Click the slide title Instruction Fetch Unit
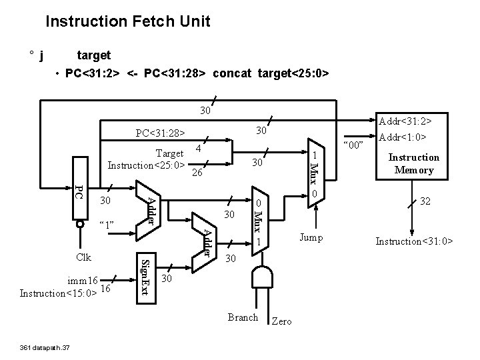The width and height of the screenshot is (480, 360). pyautogui.click(x=127, y=22)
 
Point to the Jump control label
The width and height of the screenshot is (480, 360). pyautogui.click(x=312, y=238)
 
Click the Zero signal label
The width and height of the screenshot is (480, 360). pyautogui.click(x=282, y=321)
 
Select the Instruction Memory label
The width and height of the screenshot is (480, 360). pyautogui.click(x=414, y=164)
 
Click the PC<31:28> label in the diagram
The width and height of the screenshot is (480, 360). pyautogui.click(x=159, y=133)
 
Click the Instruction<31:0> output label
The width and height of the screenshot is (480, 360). pyautogui.click(x=414, y=240)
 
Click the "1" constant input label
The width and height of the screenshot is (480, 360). pyautogui.click(x=107, y=225)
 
